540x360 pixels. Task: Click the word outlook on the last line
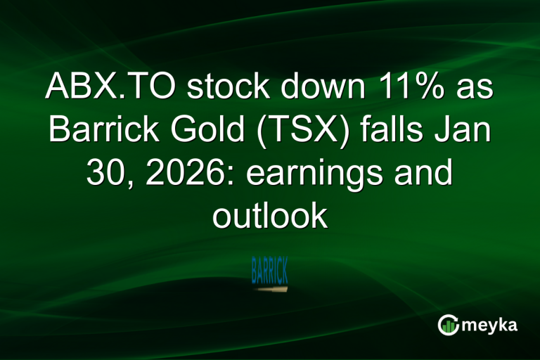click(270, 217)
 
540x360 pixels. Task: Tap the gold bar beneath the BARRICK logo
click(271, 288)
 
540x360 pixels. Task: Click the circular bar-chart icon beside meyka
click(448, 324)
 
